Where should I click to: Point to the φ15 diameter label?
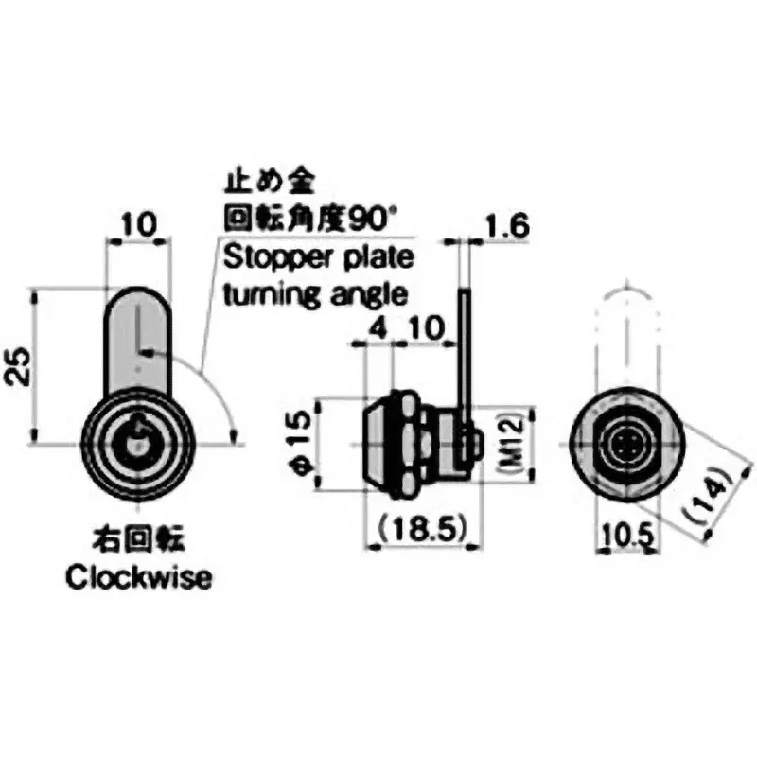pos(294,444)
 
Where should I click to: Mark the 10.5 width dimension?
pos(627,535)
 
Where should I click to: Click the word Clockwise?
pos(138,578)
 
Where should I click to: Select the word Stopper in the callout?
pos(261,258)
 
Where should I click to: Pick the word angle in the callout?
pos(363,293)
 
